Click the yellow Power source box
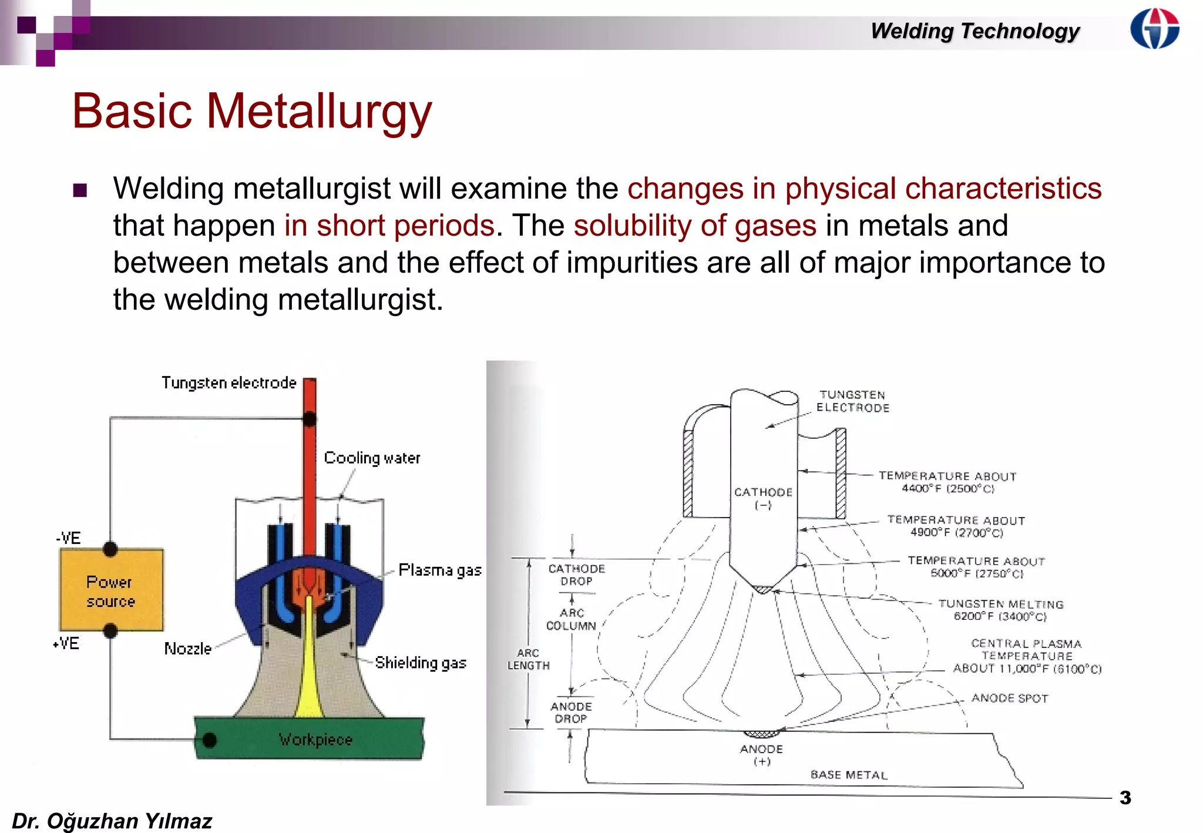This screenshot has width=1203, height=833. pos(111,590)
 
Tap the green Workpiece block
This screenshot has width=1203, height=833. pos(315,739)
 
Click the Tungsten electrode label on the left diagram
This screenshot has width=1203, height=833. pos(229,383)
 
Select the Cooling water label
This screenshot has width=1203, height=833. pos(372,458)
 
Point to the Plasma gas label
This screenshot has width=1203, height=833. pos(439,570)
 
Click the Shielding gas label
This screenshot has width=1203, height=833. pos(421,663)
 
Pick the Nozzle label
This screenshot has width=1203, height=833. pos(187,649)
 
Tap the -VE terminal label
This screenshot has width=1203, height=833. pos(69,538)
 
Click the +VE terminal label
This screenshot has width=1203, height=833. pos(66,644)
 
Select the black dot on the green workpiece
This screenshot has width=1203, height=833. pos(209,740)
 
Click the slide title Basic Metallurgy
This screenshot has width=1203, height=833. pos(251,111)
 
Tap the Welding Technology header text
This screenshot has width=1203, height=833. pos(975,31)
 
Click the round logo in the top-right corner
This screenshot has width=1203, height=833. pos(1154,29)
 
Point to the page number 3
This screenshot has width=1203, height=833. pos(1125,798)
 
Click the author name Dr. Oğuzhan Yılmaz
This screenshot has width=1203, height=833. pos(112,821)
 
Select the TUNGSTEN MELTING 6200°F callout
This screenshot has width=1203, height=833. pos(1000,610)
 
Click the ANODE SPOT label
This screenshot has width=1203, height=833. pos(1009,698)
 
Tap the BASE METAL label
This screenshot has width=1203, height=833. pos(849,775)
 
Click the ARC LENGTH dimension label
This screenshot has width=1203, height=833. pos(529,659)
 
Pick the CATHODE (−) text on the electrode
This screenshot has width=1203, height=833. pos(762,498)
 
